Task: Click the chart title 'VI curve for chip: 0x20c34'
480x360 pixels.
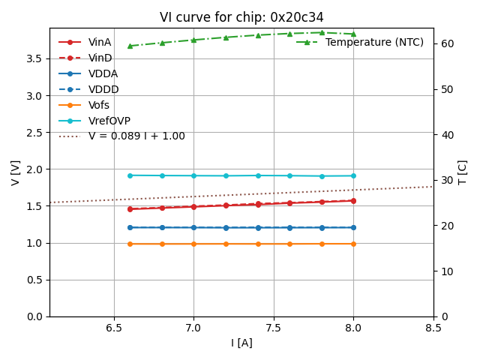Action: coord(241,17)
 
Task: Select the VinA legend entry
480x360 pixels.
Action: coord(100,42)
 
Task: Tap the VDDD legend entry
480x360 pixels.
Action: coord(103,89)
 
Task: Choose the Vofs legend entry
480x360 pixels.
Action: coord(99,105)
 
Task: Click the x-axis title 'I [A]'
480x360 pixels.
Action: coord(241,343)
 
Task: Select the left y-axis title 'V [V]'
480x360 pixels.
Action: coord(16,172)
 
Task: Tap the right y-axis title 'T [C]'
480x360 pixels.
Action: coord(463,172)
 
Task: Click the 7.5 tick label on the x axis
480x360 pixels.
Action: coord(274,328)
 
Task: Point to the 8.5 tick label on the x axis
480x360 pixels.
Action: coord(433,328)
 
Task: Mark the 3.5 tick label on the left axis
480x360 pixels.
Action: coord(35,58)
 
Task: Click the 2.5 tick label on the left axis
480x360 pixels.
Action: coord(35,132)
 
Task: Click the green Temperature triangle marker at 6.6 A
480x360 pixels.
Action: coord(130,46)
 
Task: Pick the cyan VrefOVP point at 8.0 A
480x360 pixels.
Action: coord(353,175)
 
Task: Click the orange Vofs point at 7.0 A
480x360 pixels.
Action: coord(193,244)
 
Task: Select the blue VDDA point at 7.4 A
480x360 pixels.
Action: coord(258,227)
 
